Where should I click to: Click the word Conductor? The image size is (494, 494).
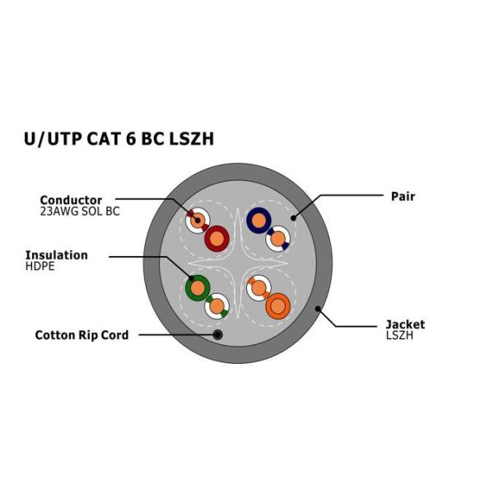click(x=71, y=200)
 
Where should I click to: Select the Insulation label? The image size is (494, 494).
click(x=56, y=255)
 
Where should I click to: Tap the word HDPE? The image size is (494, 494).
click(x=40, y=267)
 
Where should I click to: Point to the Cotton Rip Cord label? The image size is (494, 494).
click(x=82, y=335)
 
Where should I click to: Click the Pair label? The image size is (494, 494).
click(x=403, y=197)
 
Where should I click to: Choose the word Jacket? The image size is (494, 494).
click(x=405, y=324)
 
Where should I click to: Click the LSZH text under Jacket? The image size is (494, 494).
click(x=399, y=336)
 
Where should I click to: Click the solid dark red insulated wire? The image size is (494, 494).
click(x=217, y=239)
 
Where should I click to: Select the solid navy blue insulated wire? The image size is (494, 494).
click(x=259, y=220)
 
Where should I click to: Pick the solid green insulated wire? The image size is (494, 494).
click(x=198, y=288)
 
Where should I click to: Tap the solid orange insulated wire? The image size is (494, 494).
click(x=278, y=306)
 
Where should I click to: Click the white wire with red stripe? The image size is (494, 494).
click(x=197, y=221)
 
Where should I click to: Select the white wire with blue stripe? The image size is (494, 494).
click(x=278, y=239)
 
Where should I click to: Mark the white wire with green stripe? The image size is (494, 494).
click(x=217, y=306)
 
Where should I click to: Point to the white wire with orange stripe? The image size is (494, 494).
click(x=259, y=288)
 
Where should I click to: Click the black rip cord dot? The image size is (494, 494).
click(x=217, y=334)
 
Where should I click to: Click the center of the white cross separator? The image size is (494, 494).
click(x=238, y=263)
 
